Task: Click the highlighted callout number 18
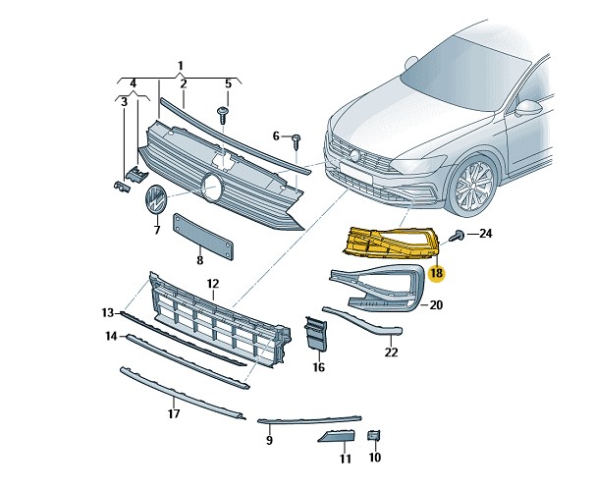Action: pyautogui.click(x=436, y=273)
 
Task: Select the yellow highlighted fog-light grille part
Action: pyautogui.click(x=392, y=244)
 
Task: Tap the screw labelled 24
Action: pyautogui.click(x=458, y=236)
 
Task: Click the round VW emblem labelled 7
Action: pyautogui.click(x=156, y=199)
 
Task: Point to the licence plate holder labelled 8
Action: pyautogui.click(x=203, y=237)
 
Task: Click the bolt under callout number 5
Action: pyautogui.click(x=223, y=115)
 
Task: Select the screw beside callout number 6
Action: pyautogui.click(x=297, y=141)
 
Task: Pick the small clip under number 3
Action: pyautogui.click(x=122, y=187)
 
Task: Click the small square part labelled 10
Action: pyautogui.click(x=373, y=435)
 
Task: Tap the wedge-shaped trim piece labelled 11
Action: pyautogui.click(x=337, y=436)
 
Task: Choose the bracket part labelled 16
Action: pyautogui.click(x=315, y=333)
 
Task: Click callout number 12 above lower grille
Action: pyautogui.click(x=213, y=284)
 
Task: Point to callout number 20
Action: pyautogui.click(x=436, y=304)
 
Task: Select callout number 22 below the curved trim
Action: pyautogui.click(x=391, y=352)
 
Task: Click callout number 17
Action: pyautogui.click(x=174, y=413)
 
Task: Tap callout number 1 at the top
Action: pyautogui.click(x=181, y=66)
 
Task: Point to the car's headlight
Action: pyautogui.click(x=418, y=165)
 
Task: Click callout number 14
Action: pyautogui.click(x=111, y=336)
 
